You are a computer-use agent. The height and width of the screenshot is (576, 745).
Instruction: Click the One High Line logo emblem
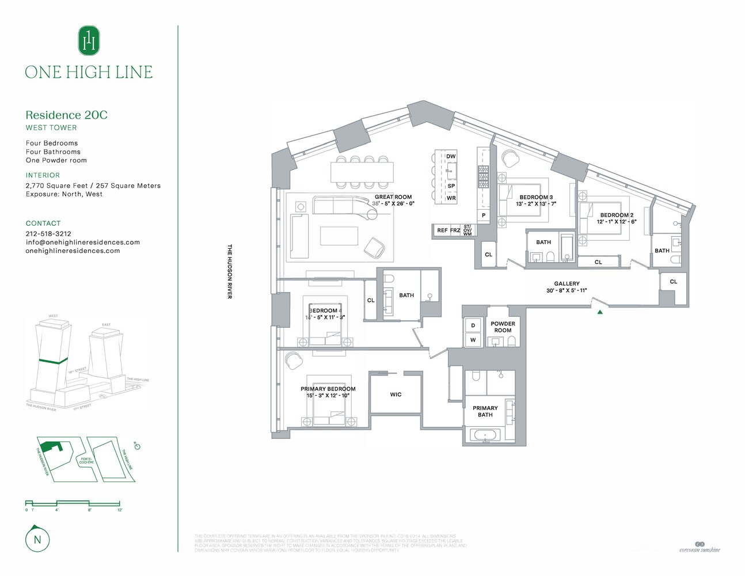click(x=89, y=40)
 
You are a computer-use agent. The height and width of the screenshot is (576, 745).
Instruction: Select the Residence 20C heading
click(x=66, y=115)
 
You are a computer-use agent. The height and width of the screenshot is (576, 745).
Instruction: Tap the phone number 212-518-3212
click(x=48, y=234)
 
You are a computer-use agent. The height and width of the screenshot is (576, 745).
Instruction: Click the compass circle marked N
click(x=37, y=540)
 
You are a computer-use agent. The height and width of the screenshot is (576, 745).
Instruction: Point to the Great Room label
click(x=393, y=197)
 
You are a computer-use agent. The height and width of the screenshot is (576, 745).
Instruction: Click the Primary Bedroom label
click(x=328, y=389)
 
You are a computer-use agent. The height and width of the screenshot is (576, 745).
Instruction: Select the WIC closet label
click(x=396, y=395)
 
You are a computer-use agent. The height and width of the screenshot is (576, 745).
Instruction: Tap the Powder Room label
click(x=503, y=327)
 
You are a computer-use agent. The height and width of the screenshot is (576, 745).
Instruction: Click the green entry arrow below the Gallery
click(x=600, y=312)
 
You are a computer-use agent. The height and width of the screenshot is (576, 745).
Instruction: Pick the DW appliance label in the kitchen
click(x=451, y=157)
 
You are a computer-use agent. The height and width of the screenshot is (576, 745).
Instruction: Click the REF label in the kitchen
click(x=442, y=230)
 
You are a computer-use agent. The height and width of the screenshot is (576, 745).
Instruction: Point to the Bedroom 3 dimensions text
click(x=535, y=204)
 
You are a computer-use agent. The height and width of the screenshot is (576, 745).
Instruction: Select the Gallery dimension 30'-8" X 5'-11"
click(x=567, y=291)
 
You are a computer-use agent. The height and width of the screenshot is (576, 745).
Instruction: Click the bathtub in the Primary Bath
click(x=485, y=435)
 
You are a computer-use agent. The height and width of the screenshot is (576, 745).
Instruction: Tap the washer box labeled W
click(x=473, y=340)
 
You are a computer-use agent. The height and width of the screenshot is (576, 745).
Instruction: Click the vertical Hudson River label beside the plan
click(x=230, y=271)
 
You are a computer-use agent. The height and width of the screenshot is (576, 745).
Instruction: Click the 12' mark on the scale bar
click(x=120, y=510)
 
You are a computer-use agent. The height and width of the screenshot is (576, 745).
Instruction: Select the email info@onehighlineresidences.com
click(x=82, y=242)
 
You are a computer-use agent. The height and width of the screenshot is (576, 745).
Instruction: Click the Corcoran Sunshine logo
click(x=700, y=547)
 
